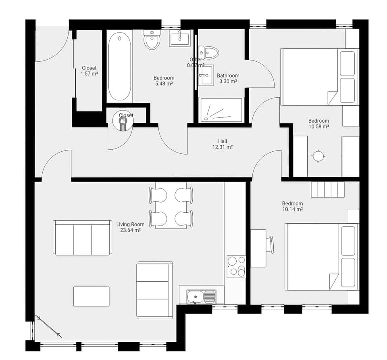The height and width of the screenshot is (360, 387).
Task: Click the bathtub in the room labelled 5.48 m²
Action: pos(119,66)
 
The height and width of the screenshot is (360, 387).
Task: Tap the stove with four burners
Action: pos(236,266)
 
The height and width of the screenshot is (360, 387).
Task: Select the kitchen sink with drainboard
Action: pos(201,297)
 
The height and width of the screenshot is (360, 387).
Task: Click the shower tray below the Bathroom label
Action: pos(222,109)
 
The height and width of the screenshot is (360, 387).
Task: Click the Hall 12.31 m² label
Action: pos(223,144)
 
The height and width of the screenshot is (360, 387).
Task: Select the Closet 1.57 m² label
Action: pos(89,71)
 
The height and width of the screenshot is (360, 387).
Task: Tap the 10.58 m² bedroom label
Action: pos(318,123)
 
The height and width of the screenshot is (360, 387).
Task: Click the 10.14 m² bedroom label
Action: pos(292,206)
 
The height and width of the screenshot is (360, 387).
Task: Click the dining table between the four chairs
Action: pos(171,205)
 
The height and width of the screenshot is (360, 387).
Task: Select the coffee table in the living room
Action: pos(92,296)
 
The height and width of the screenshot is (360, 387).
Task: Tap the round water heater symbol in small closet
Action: pos(123,121)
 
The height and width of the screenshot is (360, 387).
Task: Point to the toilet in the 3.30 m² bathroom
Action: pos(211,52)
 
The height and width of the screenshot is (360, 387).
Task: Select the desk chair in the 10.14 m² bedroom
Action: pos(270,245)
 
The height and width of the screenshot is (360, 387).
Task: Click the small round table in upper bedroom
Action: pos(318,156)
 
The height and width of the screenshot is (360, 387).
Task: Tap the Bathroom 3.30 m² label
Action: pos(228,78)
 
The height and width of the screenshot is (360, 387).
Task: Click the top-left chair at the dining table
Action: pos(158,195)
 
